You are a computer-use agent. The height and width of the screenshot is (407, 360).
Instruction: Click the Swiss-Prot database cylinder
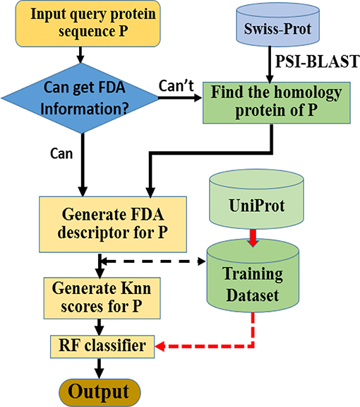277,25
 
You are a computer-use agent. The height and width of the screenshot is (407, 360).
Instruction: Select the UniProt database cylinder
256,200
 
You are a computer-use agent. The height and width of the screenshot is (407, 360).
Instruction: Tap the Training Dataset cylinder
253,276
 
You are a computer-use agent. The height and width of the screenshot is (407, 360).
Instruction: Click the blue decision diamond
80,98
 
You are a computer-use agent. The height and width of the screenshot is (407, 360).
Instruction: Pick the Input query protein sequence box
88,23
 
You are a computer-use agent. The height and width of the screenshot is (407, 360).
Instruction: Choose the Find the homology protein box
277,102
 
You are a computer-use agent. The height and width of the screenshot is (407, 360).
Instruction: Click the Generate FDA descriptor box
113,224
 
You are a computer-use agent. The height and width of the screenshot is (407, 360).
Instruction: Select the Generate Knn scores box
102,298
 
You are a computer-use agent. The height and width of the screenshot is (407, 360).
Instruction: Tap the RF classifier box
102,347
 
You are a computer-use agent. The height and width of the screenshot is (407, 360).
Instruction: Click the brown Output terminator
100,392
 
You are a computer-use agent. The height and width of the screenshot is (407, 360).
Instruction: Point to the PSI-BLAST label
317,61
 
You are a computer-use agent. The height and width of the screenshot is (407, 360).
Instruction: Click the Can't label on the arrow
176,85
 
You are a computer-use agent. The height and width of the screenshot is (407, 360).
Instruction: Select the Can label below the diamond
61,153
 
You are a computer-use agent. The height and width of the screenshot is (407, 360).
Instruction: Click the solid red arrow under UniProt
253,238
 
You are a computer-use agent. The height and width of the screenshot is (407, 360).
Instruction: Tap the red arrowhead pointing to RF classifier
160,346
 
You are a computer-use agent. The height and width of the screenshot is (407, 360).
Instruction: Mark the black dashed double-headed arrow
153,261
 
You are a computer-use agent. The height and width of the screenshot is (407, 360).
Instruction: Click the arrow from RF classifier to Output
99,369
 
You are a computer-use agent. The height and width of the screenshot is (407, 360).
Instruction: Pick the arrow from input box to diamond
80,55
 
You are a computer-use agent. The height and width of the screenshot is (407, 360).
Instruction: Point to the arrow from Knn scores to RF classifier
99,327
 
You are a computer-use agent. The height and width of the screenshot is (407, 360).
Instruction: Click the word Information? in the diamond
85,109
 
